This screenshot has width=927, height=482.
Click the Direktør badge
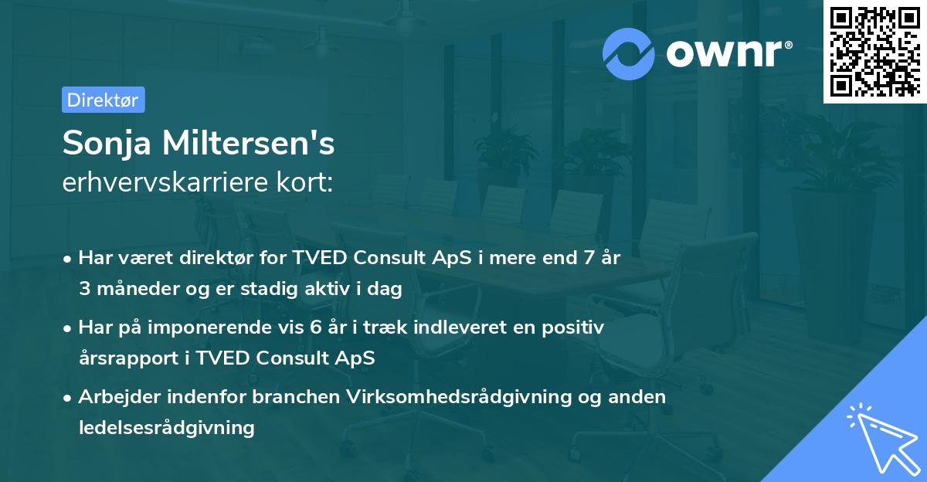tap(103, 100)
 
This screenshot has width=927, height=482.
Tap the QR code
tap(874, 51)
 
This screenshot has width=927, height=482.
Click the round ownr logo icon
tap(629, 53)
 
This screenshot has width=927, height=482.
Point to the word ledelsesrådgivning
tap(166, 427)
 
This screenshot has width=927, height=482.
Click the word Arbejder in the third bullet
tap(114, 397)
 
